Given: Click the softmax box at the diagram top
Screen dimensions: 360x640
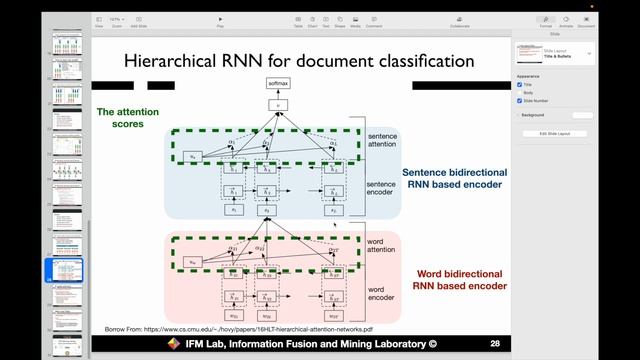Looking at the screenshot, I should click(277, 83).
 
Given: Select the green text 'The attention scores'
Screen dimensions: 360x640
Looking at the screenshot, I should click(128, 118).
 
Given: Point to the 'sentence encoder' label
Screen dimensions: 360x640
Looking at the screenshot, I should click(382, 189).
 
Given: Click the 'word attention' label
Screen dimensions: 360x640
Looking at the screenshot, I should click(382, 250).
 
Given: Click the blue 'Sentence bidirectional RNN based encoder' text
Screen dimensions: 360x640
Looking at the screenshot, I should click(454, 179).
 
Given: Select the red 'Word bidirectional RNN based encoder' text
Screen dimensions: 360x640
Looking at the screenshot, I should click(460, 279).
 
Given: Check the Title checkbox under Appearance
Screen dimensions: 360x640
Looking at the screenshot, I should click(520, 84).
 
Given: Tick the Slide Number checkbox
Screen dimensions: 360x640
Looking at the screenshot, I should click(520, 100).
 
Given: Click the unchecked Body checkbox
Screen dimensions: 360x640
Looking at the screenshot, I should click(520, 92).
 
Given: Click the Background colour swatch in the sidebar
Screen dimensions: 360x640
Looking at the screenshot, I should click(581, 115).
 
